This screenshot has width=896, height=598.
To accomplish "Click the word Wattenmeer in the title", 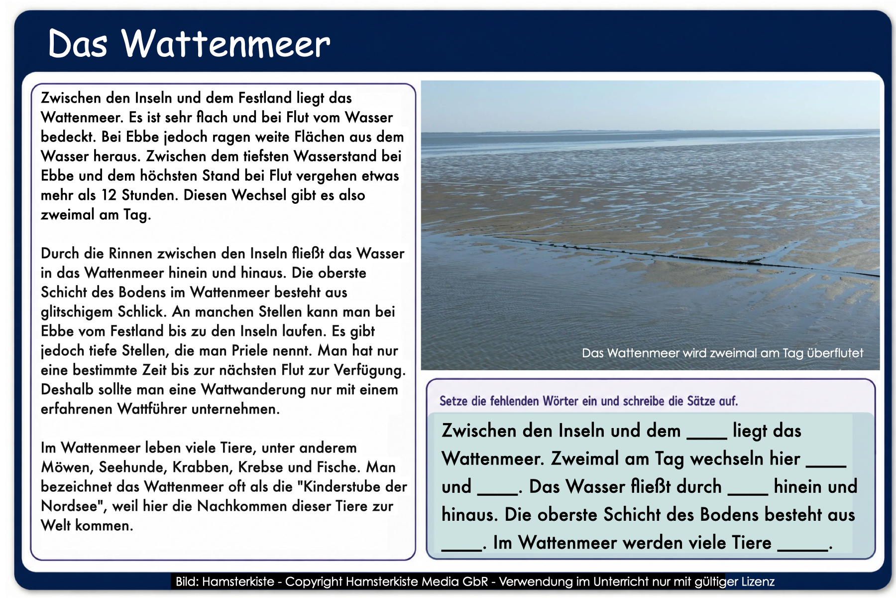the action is [226, 43].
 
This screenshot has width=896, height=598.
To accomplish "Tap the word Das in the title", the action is [78, 43].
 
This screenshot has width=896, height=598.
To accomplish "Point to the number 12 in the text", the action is [109, 195].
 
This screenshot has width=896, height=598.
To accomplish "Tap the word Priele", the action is [273, 350].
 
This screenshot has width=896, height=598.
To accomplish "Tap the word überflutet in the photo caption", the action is [835, 353].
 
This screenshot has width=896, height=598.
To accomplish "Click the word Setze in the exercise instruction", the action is [452, 401].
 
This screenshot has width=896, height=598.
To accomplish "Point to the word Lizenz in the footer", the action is [758, 582].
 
